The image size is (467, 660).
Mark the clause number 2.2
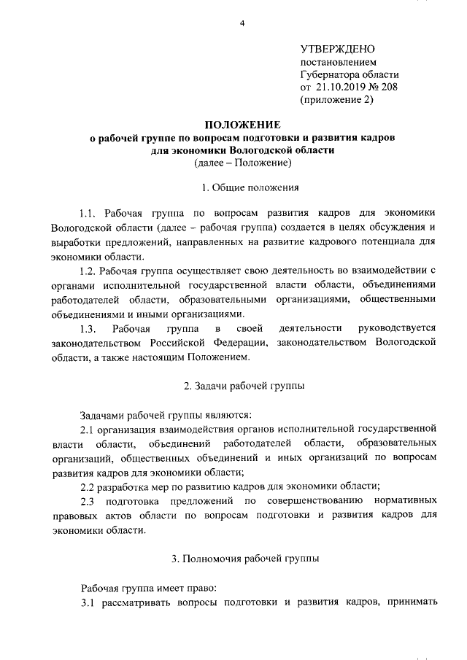click(x=88, y=486)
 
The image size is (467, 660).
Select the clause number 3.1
click(x=88, y=602)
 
